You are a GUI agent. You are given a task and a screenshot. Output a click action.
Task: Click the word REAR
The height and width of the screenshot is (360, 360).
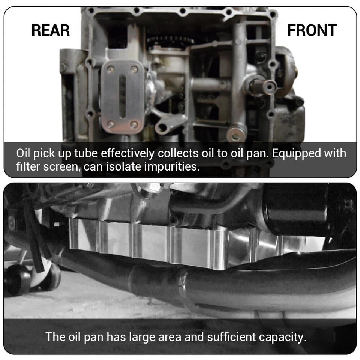click(x=51, y=30)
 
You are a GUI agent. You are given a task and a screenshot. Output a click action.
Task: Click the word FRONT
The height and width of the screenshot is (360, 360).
click(x=312, y=30)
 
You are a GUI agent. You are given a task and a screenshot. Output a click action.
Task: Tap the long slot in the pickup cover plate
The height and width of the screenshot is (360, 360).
click(x=123, y=97)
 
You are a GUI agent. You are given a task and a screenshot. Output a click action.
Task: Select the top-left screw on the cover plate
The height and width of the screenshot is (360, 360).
click(x=111, y=69)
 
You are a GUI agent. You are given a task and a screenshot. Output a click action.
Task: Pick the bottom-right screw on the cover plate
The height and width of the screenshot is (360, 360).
click(x=134, y=124)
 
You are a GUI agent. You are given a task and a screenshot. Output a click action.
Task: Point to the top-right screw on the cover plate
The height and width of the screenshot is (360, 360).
click(x=134, y=69)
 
